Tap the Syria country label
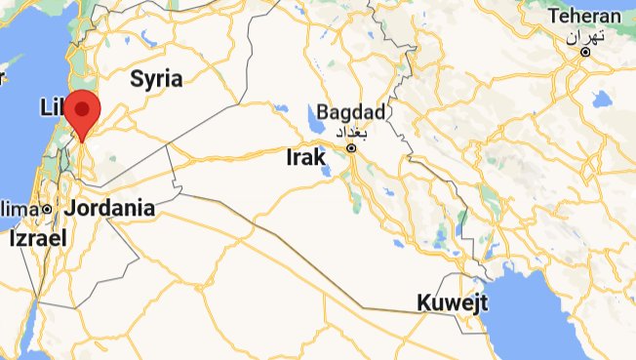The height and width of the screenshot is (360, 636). pyautogui.click(x=157, y=78)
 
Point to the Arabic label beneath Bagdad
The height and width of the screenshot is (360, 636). pyautogui.click(x=350, y=130)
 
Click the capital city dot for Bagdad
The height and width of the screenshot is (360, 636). pyautogui.click(x=351, y=148)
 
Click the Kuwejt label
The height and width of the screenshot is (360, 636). pyautogui.click(x=452, y=302)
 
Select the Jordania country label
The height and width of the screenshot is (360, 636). pyautogui.click(x=110, y=208)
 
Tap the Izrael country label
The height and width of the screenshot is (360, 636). pyautogui.click(x=38, y=237)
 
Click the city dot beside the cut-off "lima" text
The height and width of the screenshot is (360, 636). pyautogui.click(x=46, y=210)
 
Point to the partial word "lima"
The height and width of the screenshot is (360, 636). pyautogui.click(x=20, y=209)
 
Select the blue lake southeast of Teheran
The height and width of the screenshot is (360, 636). pyautogui.click(x=599, y=99)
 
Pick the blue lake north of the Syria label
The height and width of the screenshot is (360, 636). pyautogui.click(x=147, y=41)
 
